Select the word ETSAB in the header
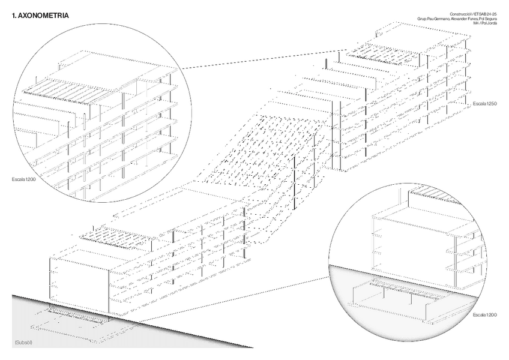tap(477, 14)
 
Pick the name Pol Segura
tap(488, 19)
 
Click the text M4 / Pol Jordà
tap(484, 23)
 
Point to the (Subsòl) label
tap(22, 342)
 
